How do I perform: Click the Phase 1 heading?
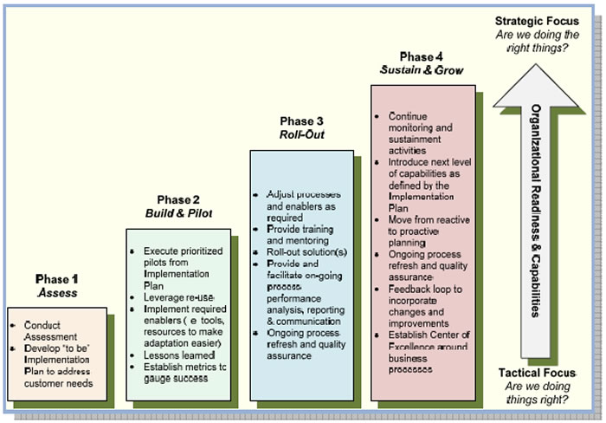click(x=57, y=279)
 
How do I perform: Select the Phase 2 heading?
click(x=179, y=200)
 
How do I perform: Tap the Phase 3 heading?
click(x=301, y=121)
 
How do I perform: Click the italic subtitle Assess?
click(x=57, y=293)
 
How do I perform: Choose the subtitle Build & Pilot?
click(x=179, y=214)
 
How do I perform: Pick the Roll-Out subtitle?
click(x=301, y=135)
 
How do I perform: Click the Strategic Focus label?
click(x=537, y=21)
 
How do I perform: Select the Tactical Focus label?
click(x=538, y=373)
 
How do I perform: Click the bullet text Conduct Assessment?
click(x=44, y=330)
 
